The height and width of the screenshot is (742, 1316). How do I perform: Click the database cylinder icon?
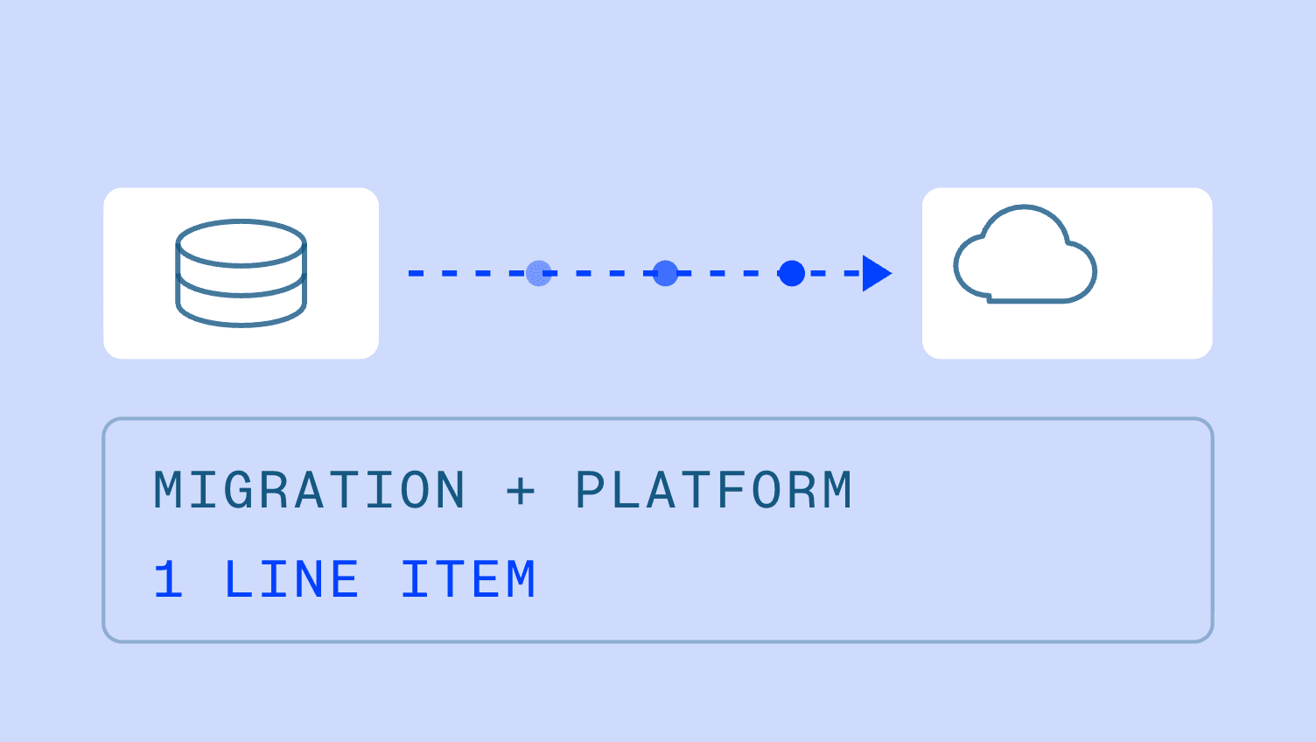[x=241, y=273]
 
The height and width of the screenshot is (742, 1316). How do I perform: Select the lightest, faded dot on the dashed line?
[x=539, y=273]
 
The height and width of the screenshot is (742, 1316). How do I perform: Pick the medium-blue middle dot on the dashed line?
[x=665, y=273]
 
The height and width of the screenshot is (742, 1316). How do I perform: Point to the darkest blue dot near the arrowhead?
[x=791, y=273]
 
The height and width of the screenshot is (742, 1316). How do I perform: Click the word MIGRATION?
[x=310, y=489]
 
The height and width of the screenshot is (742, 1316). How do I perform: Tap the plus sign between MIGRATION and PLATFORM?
[x=521, y=491]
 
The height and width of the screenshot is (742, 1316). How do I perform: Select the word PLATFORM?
[x=714, y=489]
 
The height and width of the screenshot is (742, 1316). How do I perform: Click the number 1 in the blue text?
[x=169, y=579]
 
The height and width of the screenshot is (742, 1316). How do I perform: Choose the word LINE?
[x=291, y=579]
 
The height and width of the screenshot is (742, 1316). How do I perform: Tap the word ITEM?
[x=468, y=579]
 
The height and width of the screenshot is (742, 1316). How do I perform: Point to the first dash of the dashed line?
[x=416, y=273]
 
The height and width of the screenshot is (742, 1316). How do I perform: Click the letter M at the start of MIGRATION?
[x=169, y=489]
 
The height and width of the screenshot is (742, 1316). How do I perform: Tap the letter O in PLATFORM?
[x=767, y=489]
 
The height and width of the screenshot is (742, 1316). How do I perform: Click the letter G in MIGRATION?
[x=239, y=489]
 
